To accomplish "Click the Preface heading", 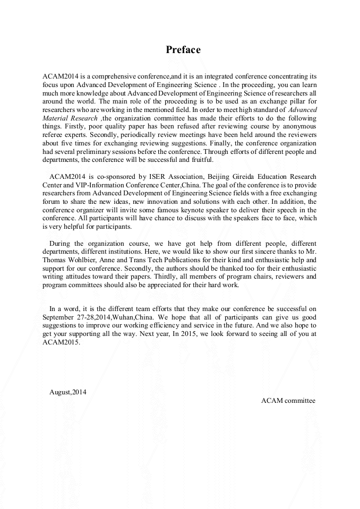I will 183,50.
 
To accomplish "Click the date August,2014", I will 67,392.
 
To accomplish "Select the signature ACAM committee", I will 288,400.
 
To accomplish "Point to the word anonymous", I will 298,126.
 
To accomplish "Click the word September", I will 62,317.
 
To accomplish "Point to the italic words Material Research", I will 70,118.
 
